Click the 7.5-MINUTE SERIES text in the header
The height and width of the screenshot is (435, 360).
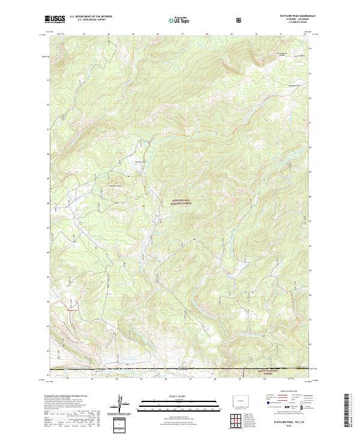pyautogui.click(x=290, y=23)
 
